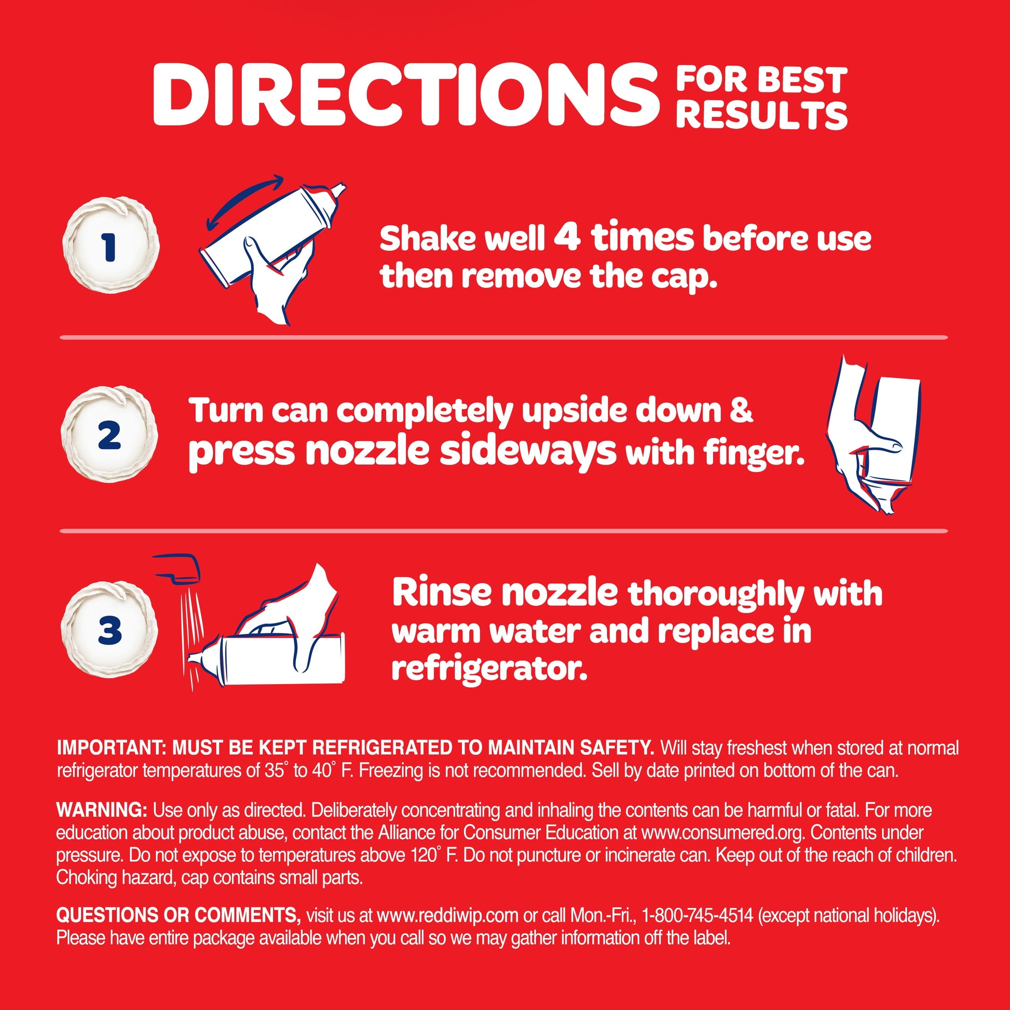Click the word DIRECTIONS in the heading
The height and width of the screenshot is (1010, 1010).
(405, 95)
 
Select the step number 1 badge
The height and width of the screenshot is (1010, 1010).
(110, 244)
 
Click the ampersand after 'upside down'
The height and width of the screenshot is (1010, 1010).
(741, 411)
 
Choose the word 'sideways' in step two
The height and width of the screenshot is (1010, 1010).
(528, 451)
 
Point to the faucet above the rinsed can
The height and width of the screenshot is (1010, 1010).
(178, 569)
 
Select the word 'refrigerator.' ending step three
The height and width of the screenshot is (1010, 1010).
(489, 668)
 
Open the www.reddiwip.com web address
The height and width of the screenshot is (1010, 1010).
(447, 916)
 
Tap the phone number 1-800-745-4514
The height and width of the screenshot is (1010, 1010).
(698, 916)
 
